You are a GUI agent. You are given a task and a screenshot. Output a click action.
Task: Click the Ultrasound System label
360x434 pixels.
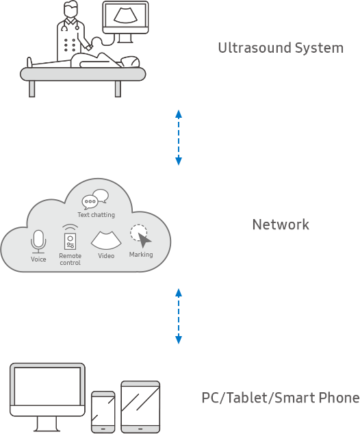coord(280,48)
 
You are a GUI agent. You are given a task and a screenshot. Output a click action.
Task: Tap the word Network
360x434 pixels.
coord(281,225)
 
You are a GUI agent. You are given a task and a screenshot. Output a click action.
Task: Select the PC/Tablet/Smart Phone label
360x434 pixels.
coord(280,398)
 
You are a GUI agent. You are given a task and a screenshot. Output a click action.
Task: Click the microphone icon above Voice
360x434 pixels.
coord(39,241)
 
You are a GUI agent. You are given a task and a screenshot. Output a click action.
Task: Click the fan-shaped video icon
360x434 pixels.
coord(106,239)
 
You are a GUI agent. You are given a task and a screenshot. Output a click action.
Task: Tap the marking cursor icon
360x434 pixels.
coord(141,237)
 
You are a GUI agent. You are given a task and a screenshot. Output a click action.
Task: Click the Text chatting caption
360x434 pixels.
coord(96,215)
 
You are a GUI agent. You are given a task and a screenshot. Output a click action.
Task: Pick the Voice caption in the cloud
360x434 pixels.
coord(39,259)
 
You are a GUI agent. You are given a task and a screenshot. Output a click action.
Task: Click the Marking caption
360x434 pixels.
coord(141,255)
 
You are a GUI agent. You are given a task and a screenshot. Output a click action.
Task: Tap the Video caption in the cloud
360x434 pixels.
coord(106,256)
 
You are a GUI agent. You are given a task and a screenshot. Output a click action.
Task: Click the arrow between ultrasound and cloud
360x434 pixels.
coord(179,138)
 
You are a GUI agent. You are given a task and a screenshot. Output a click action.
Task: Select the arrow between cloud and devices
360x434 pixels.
coord(179,317)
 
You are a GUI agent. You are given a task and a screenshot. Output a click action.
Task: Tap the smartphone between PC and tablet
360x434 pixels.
coord(103,411)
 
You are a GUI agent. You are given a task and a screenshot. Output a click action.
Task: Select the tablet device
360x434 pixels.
coord(140,406)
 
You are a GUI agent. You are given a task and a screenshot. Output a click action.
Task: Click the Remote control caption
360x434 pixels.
coord(70,259)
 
